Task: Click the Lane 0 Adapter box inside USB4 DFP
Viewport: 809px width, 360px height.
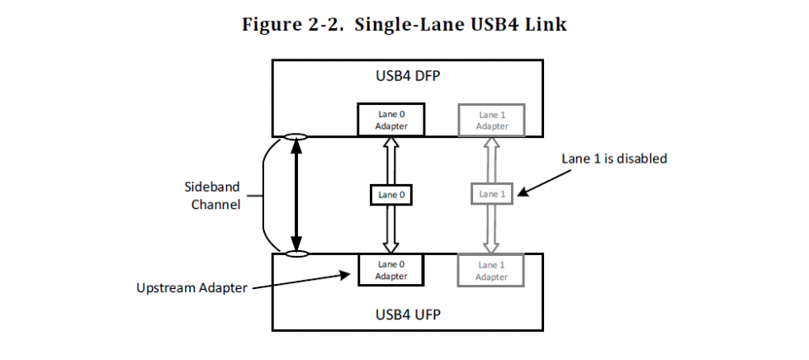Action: click(390, 120)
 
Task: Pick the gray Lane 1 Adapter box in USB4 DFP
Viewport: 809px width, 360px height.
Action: click(491, 120)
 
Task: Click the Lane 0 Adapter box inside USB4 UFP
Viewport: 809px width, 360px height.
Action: click(390, 270)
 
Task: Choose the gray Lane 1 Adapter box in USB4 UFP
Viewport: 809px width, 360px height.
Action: click(491, 270)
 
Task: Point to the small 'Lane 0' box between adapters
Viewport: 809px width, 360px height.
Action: click(390, 195)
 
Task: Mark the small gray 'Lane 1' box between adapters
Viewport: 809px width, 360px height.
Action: click(491, 195)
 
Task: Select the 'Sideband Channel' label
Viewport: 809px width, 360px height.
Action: click(212, 196)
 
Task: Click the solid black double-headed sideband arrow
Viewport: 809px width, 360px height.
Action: click(295, 195)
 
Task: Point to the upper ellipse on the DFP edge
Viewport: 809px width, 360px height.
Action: click(295, 136)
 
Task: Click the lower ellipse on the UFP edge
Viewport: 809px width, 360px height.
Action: click(295, 253)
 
